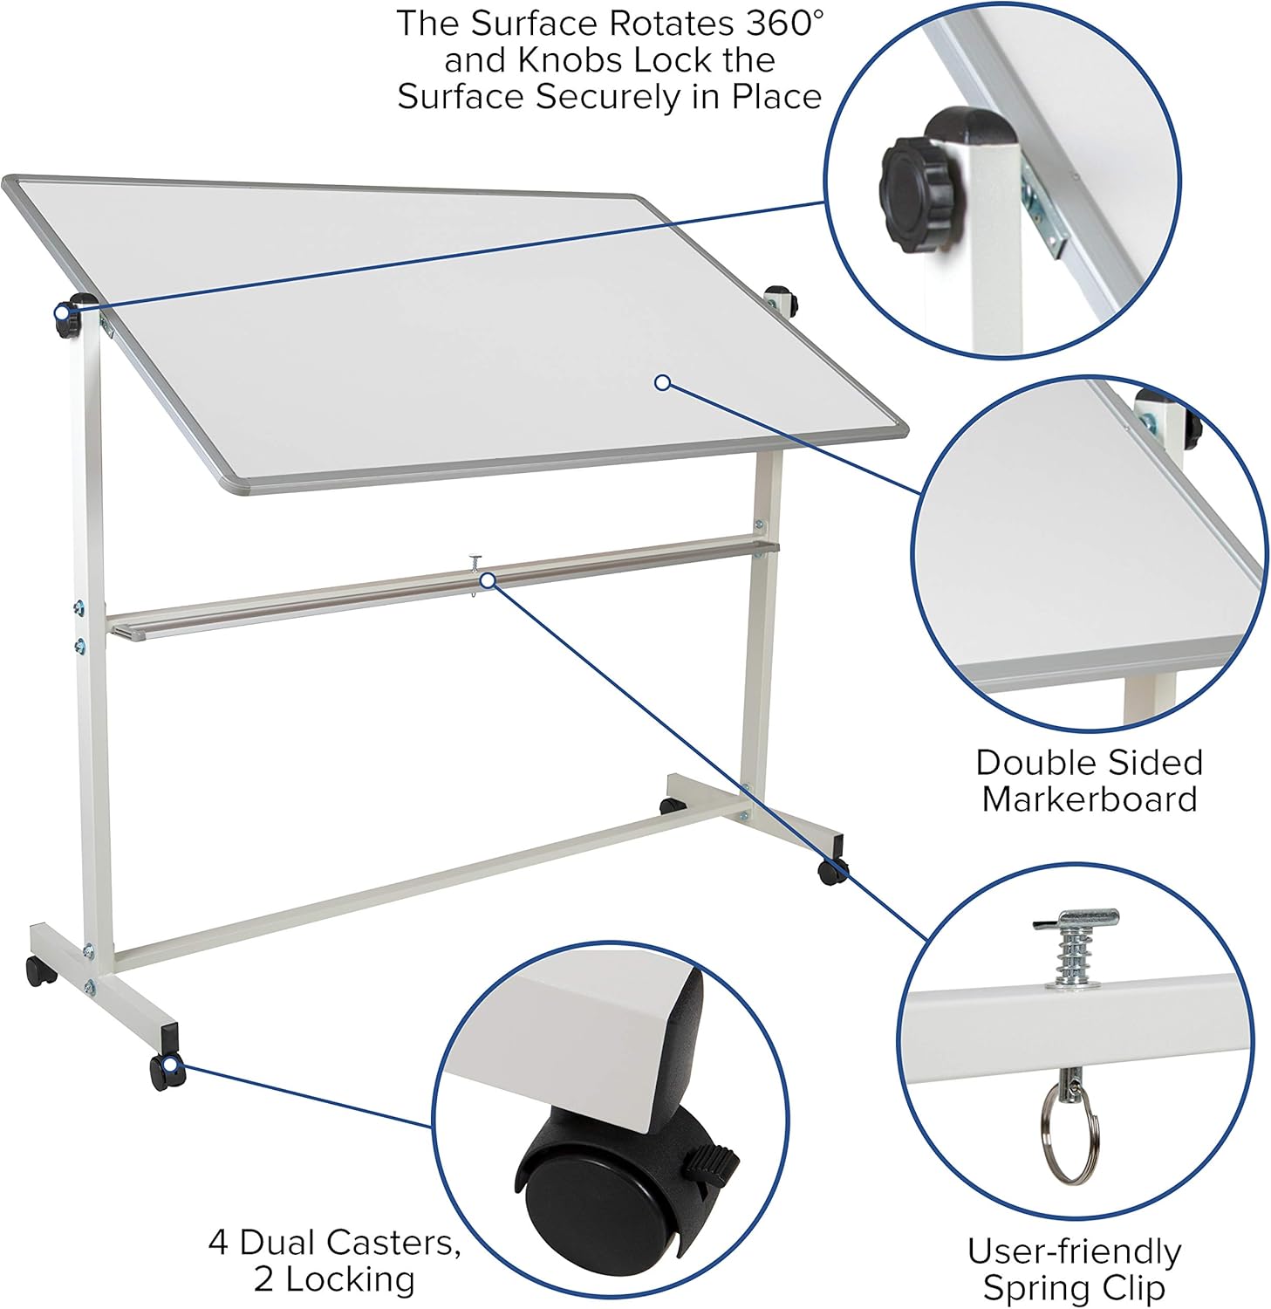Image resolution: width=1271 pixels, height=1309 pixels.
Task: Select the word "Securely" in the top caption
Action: coord(607,97)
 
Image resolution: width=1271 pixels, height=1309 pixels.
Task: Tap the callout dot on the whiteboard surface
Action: coord(662,382)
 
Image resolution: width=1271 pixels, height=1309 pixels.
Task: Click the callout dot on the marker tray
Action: coord(488,579)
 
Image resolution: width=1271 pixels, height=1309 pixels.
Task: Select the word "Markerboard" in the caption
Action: coord(1090,799)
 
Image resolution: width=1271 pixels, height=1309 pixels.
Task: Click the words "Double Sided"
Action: coord(1090,762)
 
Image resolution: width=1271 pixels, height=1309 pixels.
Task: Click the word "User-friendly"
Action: coord(1074,1251)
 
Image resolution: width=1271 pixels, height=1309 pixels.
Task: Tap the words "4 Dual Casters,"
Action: coord(334,1242)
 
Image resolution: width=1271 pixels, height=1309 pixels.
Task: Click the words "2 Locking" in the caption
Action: coord(334,1279)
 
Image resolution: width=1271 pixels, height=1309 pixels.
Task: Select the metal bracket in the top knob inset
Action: coord(1044,215)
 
